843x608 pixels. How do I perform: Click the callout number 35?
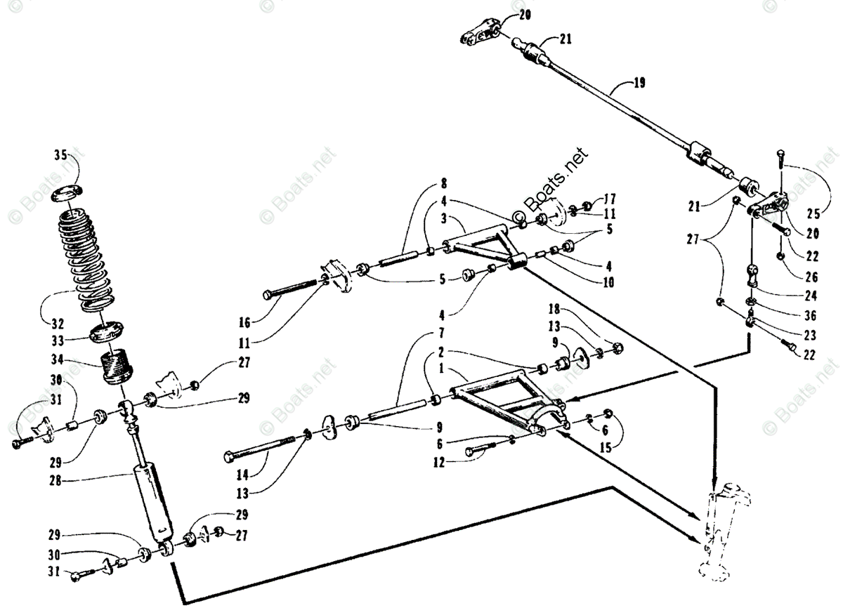[63, 156]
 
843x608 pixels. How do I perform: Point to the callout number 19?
[639, 84]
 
